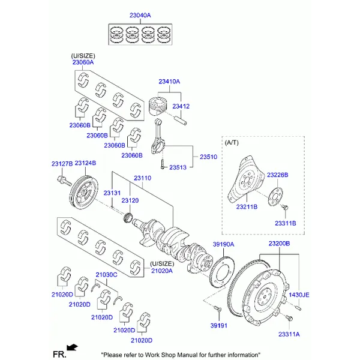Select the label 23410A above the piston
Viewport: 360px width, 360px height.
point(169,82)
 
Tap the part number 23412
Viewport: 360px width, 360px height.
point(181,106)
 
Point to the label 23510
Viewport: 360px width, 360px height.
point(208,157)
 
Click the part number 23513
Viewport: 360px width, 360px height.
point(178,167)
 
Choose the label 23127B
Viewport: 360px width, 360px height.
point(61,163)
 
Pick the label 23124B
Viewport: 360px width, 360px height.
point(85,163)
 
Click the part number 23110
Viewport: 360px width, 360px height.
point(142,178)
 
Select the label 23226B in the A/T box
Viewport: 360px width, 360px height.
point(277,175)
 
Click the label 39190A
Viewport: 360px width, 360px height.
point(223,244)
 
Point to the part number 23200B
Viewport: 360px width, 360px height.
point(279,244)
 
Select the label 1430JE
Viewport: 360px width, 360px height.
point(298,295)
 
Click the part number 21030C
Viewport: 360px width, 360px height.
point(106,274)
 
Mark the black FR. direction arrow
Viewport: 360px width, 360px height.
point(73,347)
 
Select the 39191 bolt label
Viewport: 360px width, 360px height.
point(219,325)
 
